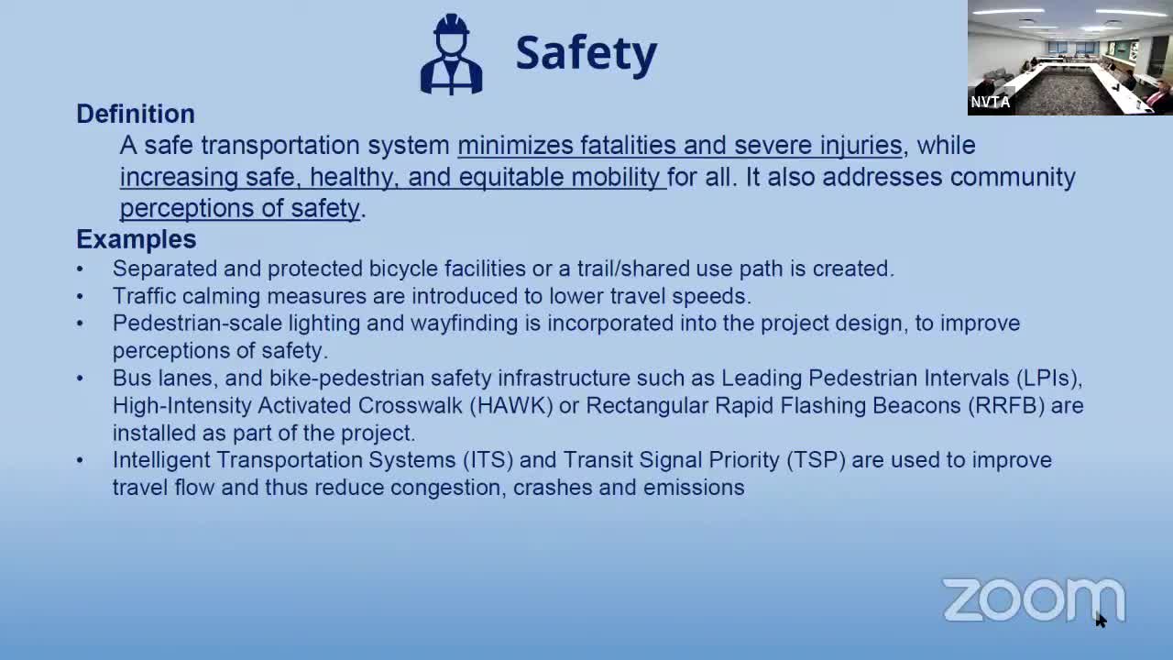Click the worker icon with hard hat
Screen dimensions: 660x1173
pos(451,54)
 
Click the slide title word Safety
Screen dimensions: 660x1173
pos(586,53)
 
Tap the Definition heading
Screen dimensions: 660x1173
pos(136,114)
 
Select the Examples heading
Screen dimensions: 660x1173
pos(136,239)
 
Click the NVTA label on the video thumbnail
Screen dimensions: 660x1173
pos(991,102)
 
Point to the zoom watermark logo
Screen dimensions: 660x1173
pos(1033,599)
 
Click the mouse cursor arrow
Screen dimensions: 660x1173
pos(1101,620)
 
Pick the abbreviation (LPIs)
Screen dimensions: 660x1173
pos(1048,378)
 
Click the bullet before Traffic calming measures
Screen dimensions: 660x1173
pos(80,297)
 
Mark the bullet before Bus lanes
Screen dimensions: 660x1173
pos(80,379)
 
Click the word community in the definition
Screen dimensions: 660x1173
pos(1013,177)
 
